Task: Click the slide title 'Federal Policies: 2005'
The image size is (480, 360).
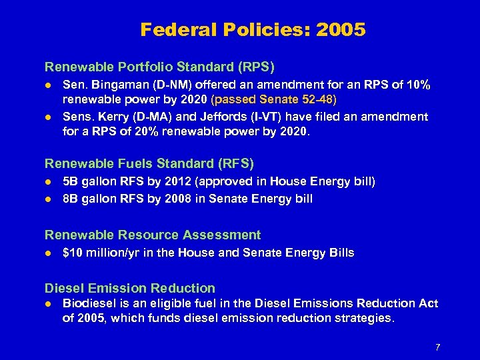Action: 253,30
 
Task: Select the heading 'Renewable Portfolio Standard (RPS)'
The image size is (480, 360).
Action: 159,67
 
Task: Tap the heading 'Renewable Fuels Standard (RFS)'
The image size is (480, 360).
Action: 149,163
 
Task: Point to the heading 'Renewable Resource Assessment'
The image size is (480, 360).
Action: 153,235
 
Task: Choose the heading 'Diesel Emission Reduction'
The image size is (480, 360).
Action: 130,288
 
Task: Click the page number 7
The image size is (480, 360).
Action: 437,347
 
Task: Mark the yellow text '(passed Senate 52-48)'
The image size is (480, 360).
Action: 283,100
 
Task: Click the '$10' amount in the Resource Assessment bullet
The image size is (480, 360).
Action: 72,253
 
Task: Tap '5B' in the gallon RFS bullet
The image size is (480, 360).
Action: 71,181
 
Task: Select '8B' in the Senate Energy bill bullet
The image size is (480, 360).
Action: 71,198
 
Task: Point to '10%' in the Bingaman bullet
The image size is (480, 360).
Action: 418,85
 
